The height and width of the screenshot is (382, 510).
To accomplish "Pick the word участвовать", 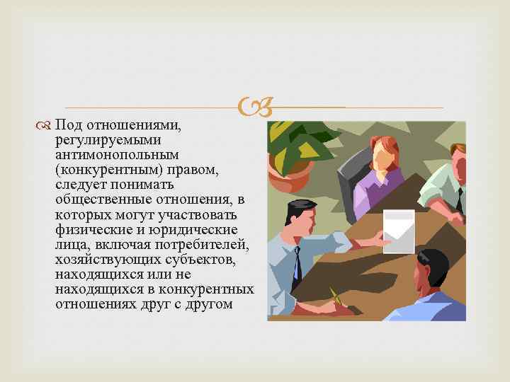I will (x=205, y=214).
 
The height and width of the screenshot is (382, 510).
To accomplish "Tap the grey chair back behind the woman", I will (x=349, y=180).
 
